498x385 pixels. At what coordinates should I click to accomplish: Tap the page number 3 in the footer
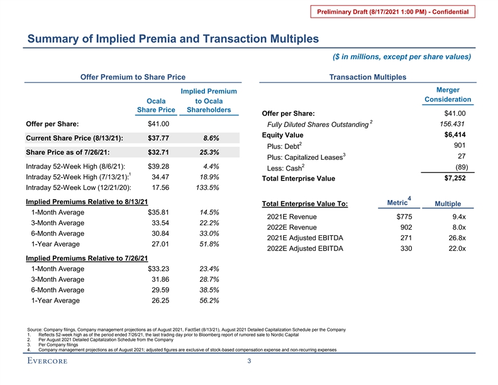[249, 361]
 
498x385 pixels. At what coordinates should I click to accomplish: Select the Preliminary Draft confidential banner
[401, 12]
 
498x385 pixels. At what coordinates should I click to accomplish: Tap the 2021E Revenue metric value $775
[395, 217]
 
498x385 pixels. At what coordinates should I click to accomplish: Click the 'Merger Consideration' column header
[448, 95]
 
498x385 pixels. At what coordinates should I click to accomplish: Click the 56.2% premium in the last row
[207, 301]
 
